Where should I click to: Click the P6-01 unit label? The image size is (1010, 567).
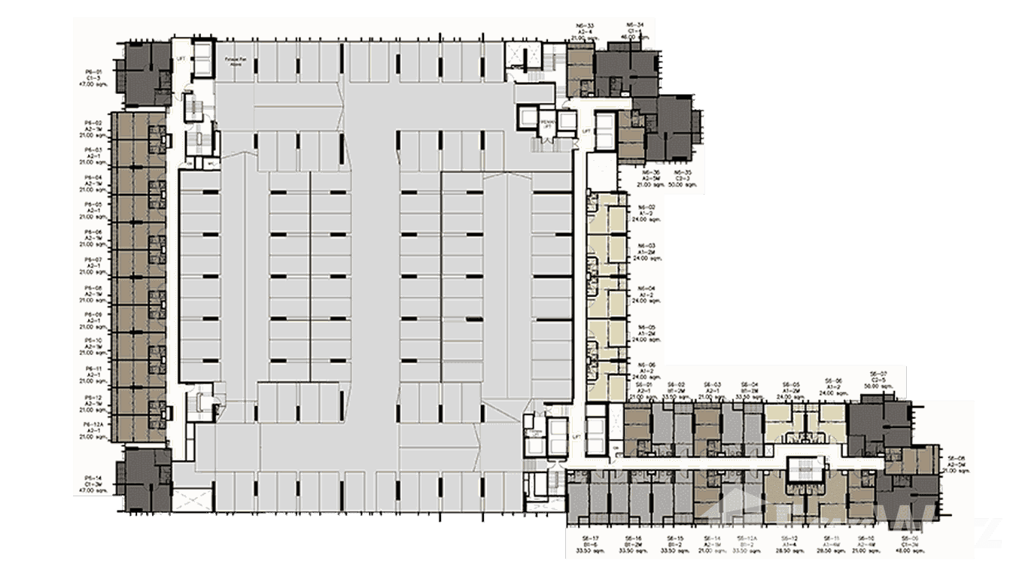[x=93, y=71]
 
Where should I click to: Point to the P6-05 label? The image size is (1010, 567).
[x=93, y=205]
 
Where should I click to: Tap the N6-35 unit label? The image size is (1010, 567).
[x=682, y=172]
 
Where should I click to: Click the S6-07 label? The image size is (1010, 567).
[x=878, y=373]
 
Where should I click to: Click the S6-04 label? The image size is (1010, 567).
[x=748, y=384]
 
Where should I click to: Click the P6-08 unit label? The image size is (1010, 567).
[x=93, y=288]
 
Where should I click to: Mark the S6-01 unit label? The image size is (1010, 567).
[x=643, y=384]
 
